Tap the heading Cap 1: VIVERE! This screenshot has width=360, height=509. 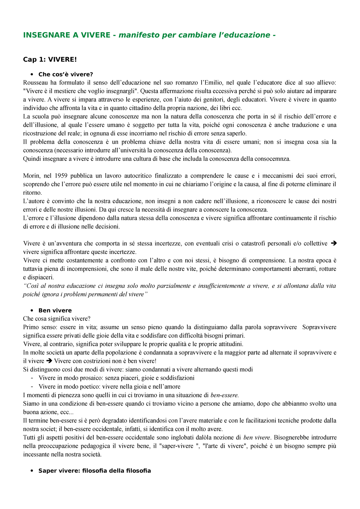click(x=50, y=59)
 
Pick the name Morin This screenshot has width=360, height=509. click(x=31, y=176)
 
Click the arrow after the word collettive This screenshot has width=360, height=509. click(x=333, y=244)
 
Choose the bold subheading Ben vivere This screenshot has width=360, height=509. click(x=55, y=310)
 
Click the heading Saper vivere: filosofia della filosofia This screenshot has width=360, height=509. click(x=94, y=471)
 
